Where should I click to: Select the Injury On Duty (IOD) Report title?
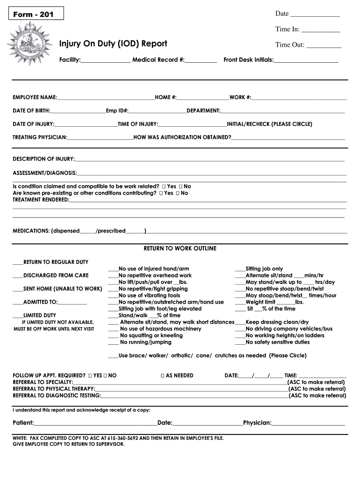click(113, 44)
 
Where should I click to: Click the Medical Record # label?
click(158, 60)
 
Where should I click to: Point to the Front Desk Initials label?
click(248, 60)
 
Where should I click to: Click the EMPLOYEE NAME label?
click(35, 97)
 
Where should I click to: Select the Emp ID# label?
click(117, 111)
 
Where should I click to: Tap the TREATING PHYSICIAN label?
click(40, 138)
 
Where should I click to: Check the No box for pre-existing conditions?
click(179, 193)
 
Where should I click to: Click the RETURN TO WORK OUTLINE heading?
click(180, 248)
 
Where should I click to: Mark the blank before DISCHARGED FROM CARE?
click(18, 276)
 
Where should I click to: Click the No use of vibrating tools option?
click(149, 296)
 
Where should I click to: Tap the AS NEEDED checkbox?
click(162, 376)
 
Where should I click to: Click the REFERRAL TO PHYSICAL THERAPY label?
click(54, 389)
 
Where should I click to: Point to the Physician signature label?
click(257, 423)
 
